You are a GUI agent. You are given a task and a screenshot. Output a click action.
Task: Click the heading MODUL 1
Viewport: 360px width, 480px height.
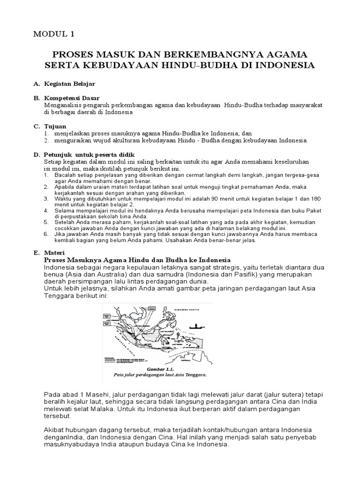coord(53,34)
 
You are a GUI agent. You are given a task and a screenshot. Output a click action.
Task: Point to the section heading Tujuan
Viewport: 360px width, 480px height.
coord(55,127)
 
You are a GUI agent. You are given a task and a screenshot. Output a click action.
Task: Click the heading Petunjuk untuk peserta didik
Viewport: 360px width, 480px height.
coord(89,154)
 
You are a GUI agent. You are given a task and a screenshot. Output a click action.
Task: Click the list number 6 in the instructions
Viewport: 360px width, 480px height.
coord(46,233)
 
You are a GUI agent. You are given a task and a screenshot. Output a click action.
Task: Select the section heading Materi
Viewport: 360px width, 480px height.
coord(55,253)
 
